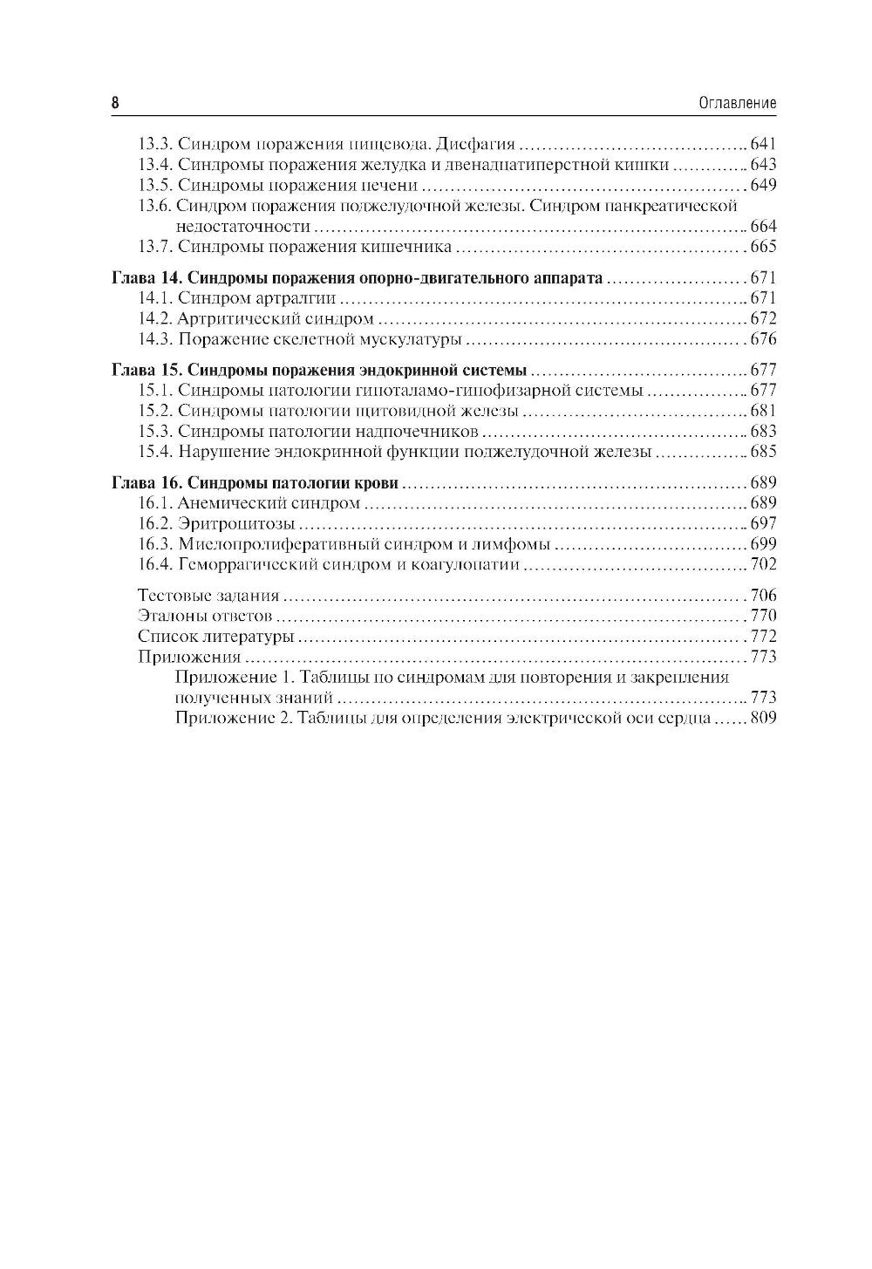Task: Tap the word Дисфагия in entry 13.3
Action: click(x=475, y=145)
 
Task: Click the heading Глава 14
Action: click(x=145, y=279)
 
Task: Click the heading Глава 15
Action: click(x=145, y=371)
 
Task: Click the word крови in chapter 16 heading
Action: click(x=376, y=483)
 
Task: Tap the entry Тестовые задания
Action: click(x=208, y=597)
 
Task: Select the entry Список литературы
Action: click(x=215, y=637)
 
